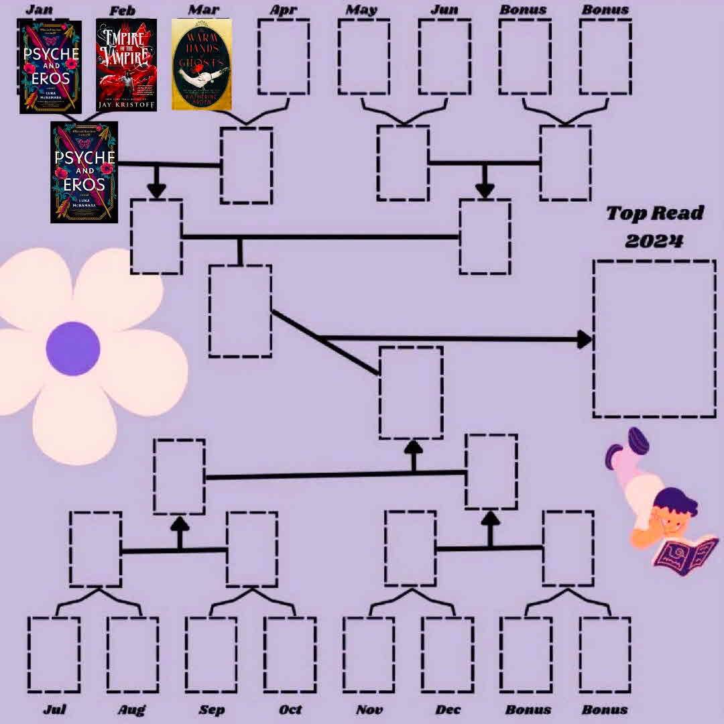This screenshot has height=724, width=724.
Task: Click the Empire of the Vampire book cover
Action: tap(126, 64)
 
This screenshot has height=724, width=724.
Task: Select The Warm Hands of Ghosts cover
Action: tap(202, 64)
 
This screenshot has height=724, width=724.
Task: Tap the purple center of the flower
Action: tap(73, 349)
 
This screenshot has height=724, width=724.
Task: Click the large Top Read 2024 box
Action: tap(654, 339)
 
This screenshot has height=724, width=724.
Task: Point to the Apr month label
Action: tap(284, 10)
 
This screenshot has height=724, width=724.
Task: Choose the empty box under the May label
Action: tap(364, 56)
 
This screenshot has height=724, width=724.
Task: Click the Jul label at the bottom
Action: tap(54, 709)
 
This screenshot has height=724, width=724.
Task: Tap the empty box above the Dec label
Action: tap(448, 654)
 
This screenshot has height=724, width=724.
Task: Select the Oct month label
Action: tap(290, 709)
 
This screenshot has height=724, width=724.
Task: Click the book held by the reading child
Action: tap(685, 555)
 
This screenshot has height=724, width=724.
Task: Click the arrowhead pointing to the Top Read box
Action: tap(584, 339)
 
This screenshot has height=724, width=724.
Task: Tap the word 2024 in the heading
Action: tap(654, 240)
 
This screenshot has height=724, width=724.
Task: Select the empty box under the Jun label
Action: tap(444, 56)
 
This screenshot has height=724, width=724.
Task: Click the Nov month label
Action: tap(369, 709)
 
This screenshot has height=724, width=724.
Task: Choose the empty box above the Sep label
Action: tap(211, 654)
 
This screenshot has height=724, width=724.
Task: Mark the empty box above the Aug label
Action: tap(133, 654)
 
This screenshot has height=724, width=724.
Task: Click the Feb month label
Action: tap(122, 11)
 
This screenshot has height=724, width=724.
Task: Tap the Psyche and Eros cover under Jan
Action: tap(50, 67)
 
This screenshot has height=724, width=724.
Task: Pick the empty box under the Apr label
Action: tap(284, 56)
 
